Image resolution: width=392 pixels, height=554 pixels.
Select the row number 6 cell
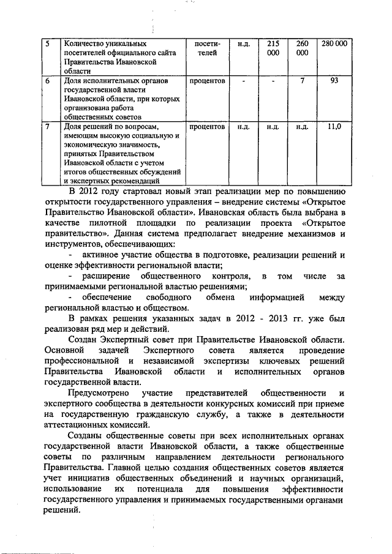coord(49,81)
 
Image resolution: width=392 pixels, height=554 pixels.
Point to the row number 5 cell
coord(49,44)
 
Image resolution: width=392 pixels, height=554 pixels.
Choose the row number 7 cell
coord(49,127)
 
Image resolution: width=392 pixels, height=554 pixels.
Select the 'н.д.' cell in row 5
coord(244,44)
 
